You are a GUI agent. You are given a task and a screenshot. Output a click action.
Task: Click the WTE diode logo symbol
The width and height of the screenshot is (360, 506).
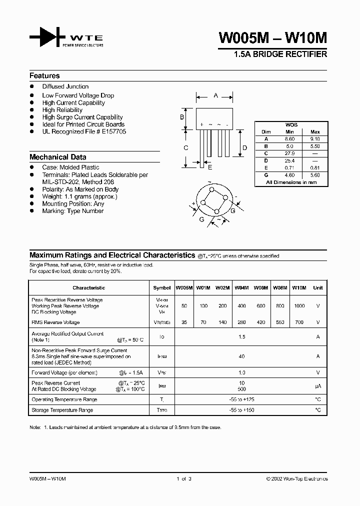[47, 37]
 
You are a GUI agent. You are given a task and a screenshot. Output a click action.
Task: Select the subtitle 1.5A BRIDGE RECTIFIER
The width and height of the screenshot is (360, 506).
[280, 54]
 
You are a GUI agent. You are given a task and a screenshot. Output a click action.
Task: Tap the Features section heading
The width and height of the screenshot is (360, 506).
[44, 76]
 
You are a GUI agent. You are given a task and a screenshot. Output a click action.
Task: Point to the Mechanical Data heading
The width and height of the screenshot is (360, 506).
[57, 156]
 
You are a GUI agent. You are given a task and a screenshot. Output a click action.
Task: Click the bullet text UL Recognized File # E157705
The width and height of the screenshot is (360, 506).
[84, 131]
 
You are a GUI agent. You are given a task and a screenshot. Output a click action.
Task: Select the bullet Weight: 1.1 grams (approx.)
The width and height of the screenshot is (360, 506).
[79, 196]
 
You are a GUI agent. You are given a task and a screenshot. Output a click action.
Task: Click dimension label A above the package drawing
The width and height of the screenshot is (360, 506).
[215, 95]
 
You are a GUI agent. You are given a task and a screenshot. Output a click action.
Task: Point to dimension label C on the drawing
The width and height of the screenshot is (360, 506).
[185, 147]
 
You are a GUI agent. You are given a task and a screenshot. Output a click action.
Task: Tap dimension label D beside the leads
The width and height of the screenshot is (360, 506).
[244, 147]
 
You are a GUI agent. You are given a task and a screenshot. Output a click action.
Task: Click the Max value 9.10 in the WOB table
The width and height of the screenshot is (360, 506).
[315, 139]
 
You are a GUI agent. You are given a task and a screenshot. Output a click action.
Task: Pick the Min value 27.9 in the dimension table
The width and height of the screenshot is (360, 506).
[289, 153]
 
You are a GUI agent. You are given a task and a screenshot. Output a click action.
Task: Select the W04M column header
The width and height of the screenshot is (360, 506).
[241, 288]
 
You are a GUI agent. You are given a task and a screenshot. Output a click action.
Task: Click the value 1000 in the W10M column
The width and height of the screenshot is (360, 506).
[298, 305]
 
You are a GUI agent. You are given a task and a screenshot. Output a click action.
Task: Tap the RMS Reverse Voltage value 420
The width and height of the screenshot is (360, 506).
[260, 322]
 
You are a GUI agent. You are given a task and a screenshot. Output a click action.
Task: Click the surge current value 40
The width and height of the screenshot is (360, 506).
[242, 356]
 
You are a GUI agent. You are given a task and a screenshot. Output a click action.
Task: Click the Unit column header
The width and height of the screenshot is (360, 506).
[317, 288]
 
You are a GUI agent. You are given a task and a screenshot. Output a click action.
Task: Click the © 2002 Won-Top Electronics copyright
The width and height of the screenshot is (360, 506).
[297, 479]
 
